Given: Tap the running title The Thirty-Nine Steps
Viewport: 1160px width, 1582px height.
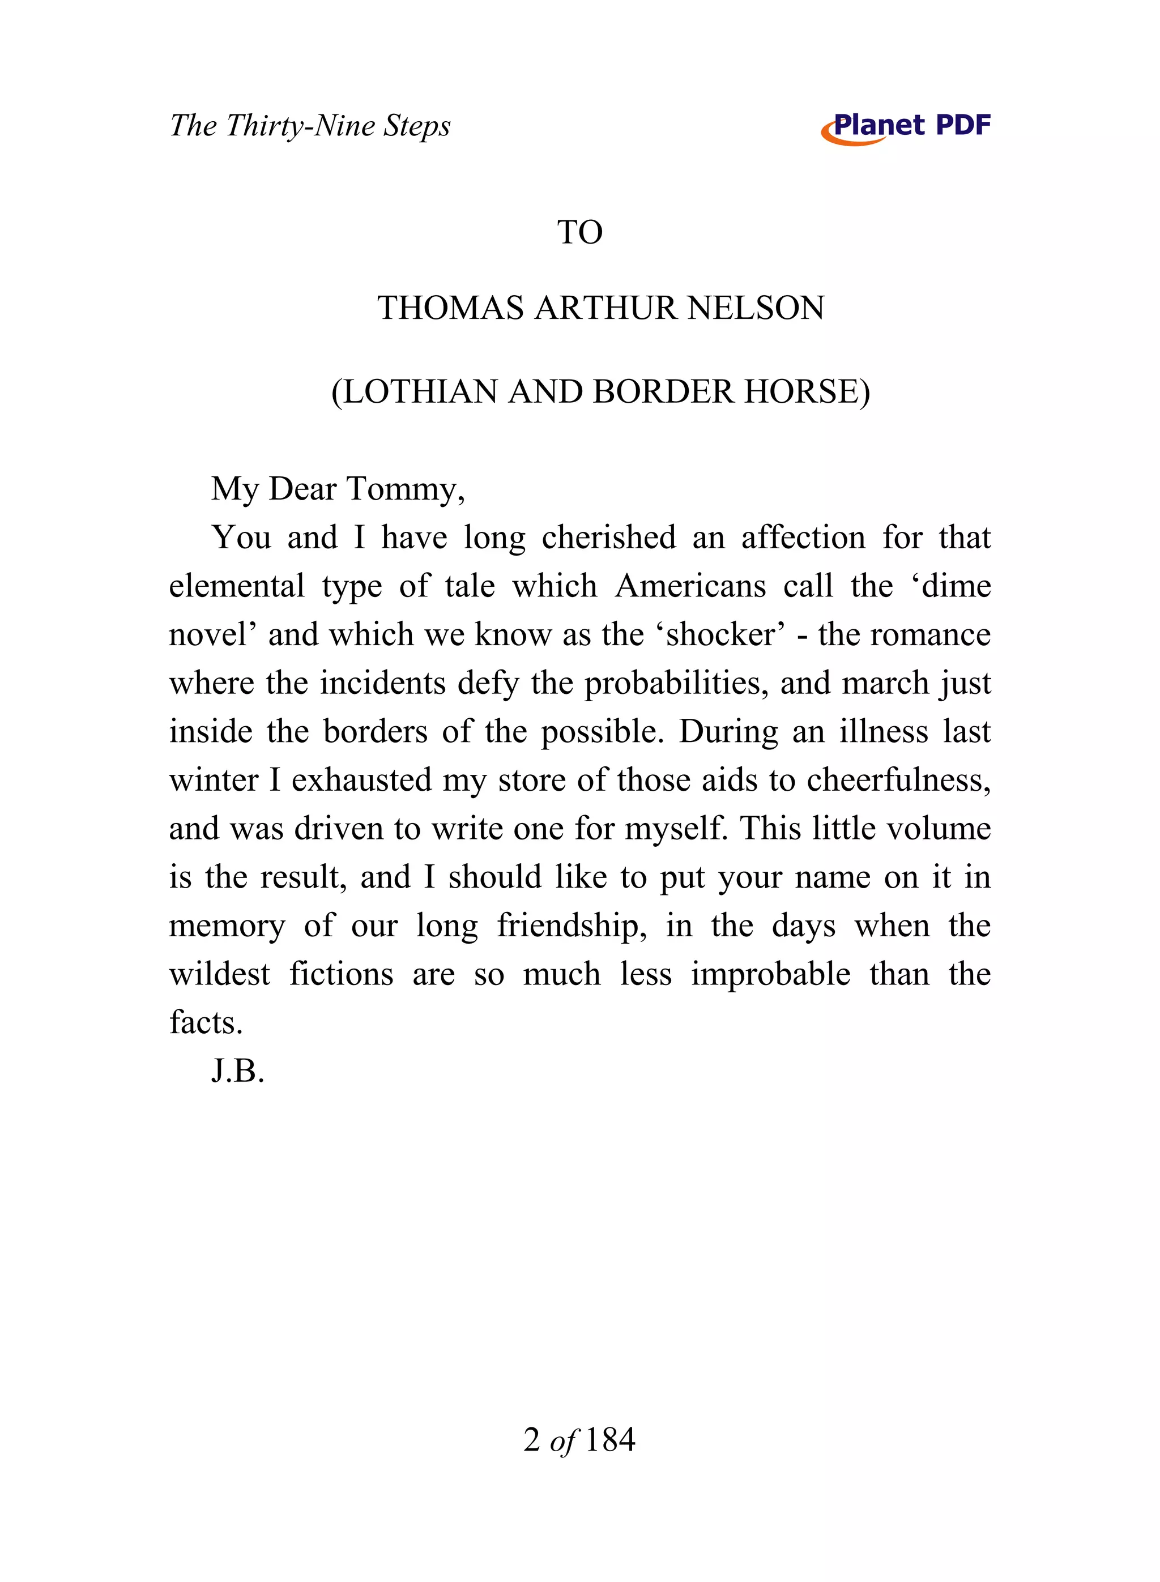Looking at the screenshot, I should [310, 126].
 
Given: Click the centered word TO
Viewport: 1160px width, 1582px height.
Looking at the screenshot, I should [579, 232].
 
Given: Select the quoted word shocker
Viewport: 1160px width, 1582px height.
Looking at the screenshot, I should [720, 635].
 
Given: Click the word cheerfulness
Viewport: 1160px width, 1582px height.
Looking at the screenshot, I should [894, 780].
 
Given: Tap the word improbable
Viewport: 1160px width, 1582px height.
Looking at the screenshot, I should [770, 975].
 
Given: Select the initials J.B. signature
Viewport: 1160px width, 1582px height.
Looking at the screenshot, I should [237, 1072].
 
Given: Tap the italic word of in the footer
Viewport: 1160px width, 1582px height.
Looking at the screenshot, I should [562, 1441].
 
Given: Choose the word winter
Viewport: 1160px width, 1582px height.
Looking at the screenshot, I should [214, 780].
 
